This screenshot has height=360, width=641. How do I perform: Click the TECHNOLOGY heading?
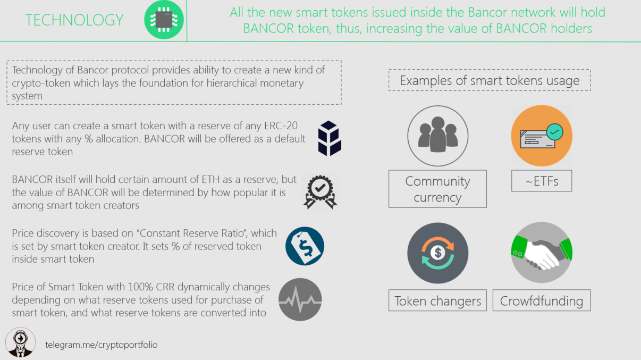(74, 20)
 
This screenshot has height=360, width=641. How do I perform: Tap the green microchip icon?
(164, 20)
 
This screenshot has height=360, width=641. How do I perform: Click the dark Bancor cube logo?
(330, 138)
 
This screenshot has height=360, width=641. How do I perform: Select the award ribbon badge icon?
(320, 192)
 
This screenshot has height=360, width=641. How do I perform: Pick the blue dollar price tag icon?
(305, 246)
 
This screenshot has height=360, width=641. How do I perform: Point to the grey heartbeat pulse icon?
(300, 299)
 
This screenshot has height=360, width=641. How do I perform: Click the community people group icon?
(438, 136)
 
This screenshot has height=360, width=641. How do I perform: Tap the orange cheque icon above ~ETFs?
(542, 136)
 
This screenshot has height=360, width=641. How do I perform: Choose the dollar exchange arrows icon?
(438, 253)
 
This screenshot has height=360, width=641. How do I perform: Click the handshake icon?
(542, 253)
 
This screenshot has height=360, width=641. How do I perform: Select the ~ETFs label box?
(542, 181)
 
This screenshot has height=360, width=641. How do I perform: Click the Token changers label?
(437, 300)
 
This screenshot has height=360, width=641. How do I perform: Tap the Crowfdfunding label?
(542, 300)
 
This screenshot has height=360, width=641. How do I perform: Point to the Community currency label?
(437, 189)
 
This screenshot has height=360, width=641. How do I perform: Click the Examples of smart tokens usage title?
(490, 80)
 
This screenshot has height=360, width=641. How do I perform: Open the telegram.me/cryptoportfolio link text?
(102, 345)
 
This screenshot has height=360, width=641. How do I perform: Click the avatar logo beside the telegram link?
(21, 342)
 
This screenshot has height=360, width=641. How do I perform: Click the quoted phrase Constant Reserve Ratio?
(192, 233)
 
